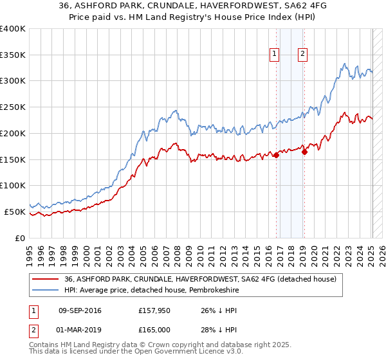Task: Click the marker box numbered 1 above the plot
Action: click(275, 55)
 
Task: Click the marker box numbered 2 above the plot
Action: click(302, 55)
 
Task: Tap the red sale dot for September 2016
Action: click(276, 155)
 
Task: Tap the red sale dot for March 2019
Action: click(304, 152)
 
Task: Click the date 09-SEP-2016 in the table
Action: click(80, 311)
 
